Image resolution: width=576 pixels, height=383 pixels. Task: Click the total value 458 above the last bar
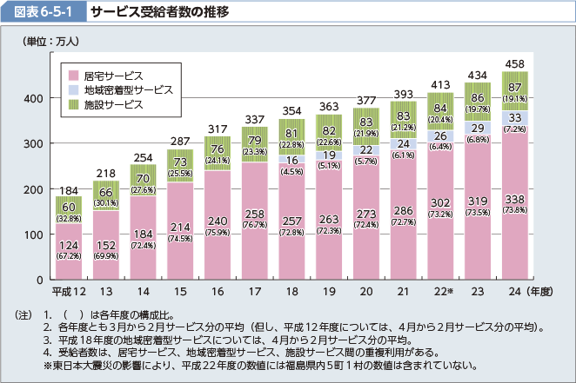pos(514,64)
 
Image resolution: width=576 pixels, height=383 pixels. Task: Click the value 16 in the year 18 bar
pos(291,160)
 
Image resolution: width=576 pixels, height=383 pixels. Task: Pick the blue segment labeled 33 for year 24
pos(514,117)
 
